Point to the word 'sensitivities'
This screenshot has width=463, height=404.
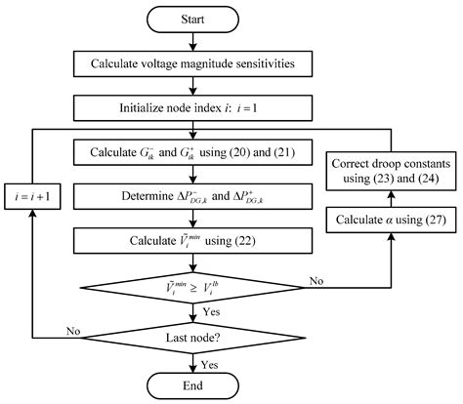(x=273, y=64)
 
